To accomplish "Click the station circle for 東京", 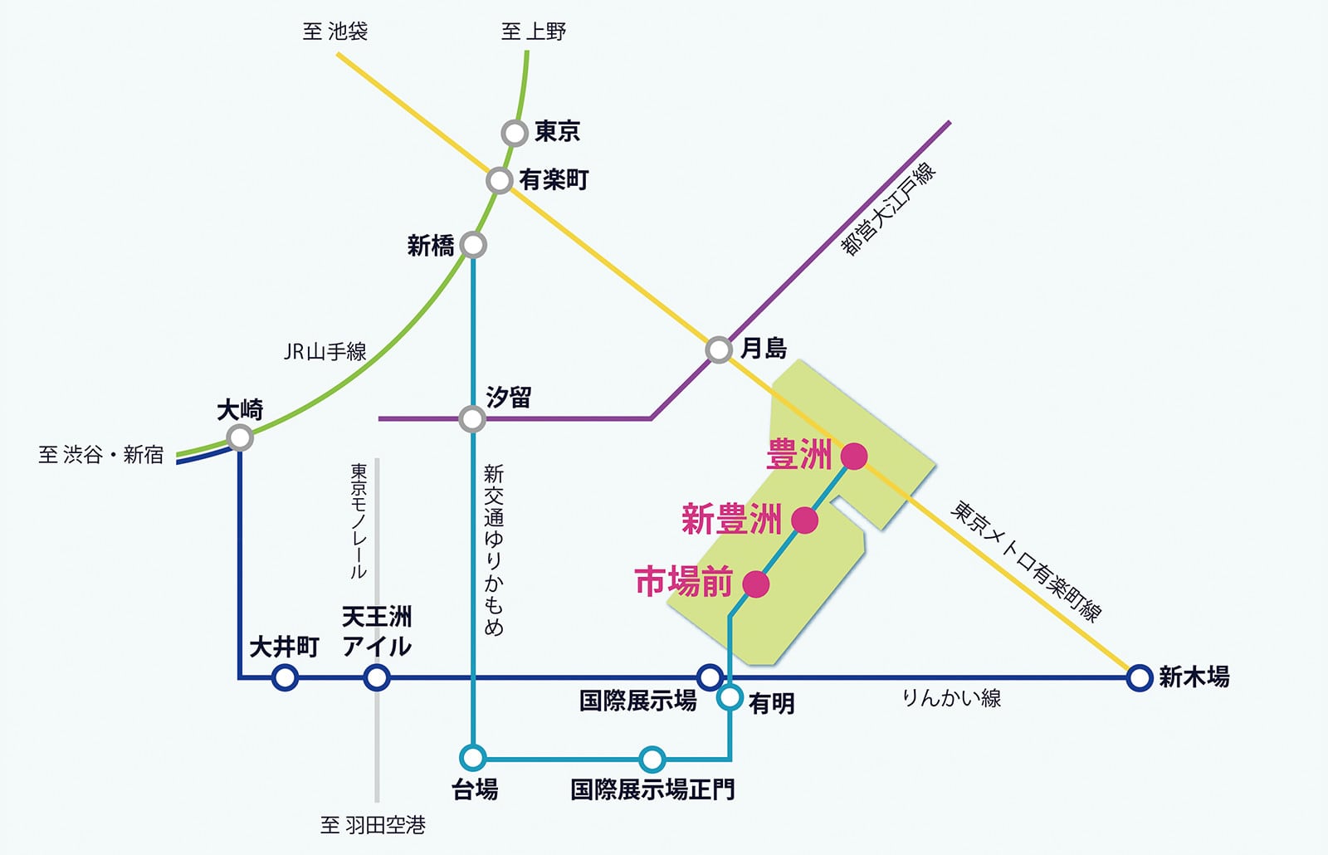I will [x=515, y=133].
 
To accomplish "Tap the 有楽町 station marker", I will [x=499, y=180].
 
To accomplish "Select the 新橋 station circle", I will [x=473, y=245].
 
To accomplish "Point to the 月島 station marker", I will [x=719, y=349].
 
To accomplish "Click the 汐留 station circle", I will [x=472, y=418].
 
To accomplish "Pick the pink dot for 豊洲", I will [x=854, y=456].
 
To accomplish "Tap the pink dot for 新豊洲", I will [x=804, y=520].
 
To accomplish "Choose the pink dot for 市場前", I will [x=755, y=584].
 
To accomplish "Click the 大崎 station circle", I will [x=240, y=437].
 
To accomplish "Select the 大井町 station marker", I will [x=285, y=677].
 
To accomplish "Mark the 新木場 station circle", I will [x=1140, y=677].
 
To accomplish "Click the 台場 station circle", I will [x=472, y=757].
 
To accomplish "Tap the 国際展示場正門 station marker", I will [x=652, y=759].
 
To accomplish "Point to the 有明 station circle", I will [x=730, y=697].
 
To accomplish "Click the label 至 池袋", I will [x=335, y=32].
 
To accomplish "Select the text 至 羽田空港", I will [x=373, y=825].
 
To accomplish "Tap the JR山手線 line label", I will [x=325, y=352].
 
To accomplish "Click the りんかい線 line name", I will [x=951, y=698].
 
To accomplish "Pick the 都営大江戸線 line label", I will [x=888, y=208].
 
